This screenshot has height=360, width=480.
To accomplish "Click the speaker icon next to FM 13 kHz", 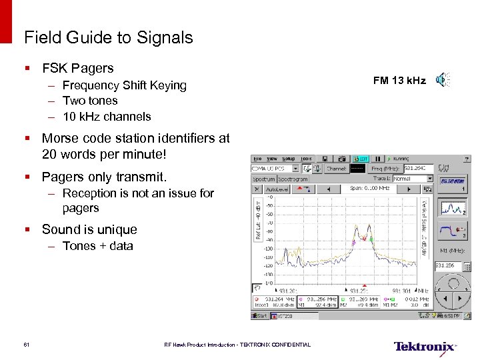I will [x=442, y=81].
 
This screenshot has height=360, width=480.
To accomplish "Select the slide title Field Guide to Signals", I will [x=108, y=38].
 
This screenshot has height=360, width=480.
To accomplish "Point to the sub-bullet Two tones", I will [x=90, y=101].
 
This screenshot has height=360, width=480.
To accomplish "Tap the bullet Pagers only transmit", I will [x=104, y=177].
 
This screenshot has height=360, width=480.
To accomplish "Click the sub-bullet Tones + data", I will [x=97, y=246].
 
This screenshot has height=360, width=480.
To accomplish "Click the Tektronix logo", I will [x=425, y=346].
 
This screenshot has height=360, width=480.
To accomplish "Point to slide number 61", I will [x=26, y=345].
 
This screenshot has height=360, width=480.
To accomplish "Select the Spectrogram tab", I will [x=293, y=179].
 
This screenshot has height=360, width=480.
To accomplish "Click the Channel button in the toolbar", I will [x=336, y=169].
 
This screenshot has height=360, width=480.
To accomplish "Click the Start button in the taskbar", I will [x=260, y=315].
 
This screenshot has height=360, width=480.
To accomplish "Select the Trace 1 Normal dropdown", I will [x=411, y=179].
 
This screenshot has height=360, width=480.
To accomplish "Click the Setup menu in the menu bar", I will [x=289, y=159].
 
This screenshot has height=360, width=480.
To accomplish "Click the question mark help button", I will [x=466, y=159].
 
